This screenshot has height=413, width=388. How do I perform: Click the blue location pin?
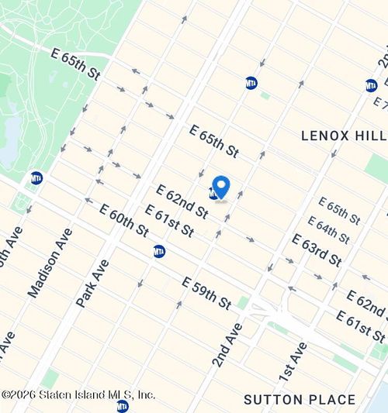[x=221, y=188]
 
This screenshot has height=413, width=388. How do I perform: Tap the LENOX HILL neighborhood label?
[x=343, y=136]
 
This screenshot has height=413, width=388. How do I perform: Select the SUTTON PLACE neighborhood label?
[x=300, y=400]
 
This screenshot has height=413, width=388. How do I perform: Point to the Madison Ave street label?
[x=50, y=263]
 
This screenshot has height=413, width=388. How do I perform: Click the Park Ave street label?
[x=92, y=284]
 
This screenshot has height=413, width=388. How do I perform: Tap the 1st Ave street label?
[x=296, y=363]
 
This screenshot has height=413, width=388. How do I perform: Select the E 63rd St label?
[x=317, y=250]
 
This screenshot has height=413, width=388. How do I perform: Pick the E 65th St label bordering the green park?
[x=75, y=64]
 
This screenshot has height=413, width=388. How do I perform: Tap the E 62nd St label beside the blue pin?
[x=182, y=201]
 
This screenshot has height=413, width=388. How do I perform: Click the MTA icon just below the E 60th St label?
[x=159, y=251]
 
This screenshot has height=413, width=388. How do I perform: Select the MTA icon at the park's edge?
[x=36, y=178]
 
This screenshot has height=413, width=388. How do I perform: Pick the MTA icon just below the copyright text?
[x=122, y=405]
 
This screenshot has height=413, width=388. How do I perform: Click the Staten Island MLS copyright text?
[x=78, y=394]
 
